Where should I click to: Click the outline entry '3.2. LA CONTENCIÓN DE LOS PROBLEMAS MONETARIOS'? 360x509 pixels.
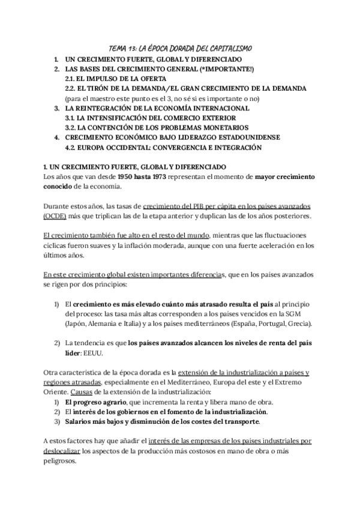click(x=157, y=128)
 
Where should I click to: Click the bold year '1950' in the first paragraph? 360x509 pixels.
click(x=128, y=176)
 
